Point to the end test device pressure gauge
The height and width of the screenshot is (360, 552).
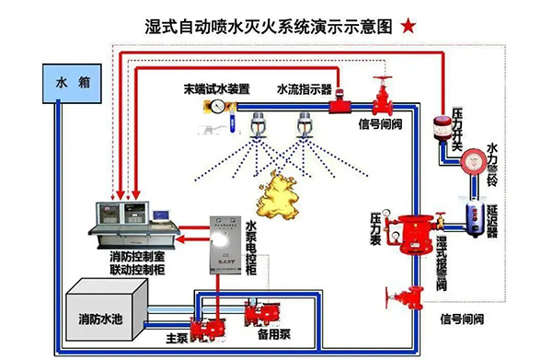[216, 108]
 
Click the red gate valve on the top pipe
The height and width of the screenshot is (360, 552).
[380, 95]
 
